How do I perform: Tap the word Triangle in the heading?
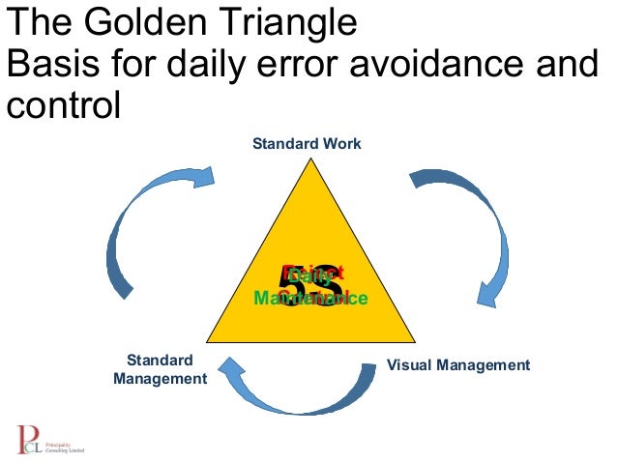(x=281, y=21)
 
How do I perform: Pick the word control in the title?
(x=63, y=104)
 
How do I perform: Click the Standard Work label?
(x=307, y=144)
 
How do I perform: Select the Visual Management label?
(x=458, y=365)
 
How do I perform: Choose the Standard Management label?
(x=160, y=369)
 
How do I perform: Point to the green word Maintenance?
(x=309, y=299)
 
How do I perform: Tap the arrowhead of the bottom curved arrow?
(x=228, y=366)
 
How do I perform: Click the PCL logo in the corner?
(x=48, y=441)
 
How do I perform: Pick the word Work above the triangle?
(x=342, y=144)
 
